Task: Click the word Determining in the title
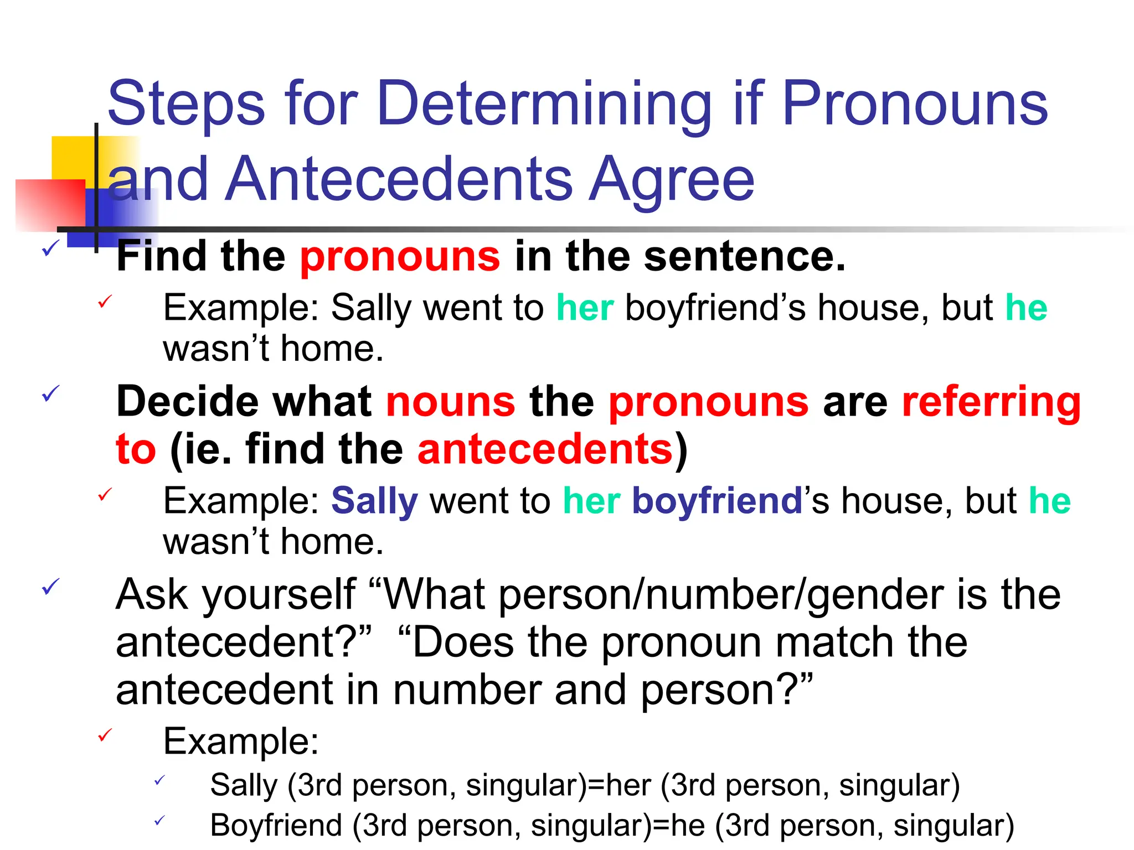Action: pyautogui.click(x=544, y=104)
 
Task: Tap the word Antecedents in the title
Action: pyautogui.click(x=398, y=179)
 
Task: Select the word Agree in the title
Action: pyautogui.click(x=671, y=179)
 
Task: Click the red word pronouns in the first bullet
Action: pyautogui.click(x=400, y=257)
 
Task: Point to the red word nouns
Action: pyautogui.click(x=450, y=402)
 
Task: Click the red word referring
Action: pyautogui.click(x=991, y=402)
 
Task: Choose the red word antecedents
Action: pyautogui.click(x=545, y=449)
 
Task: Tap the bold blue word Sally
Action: pyautogui.click(x=374, y=501)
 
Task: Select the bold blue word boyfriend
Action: pyautogui.click(x=717, y=501)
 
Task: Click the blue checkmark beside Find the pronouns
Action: pyautogui.click(x=50, y=248)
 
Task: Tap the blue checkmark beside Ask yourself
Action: pyautogui.click(x=50, y=587)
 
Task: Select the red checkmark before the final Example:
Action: pyautogui.click(x=105, y=735)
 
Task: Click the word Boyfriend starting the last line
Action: pyautogui.click(x=276, y=825)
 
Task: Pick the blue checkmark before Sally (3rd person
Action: pyautogui.click(x=159, y=780)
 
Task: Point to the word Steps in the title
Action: pyautogui.click(x=187, y=104)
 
